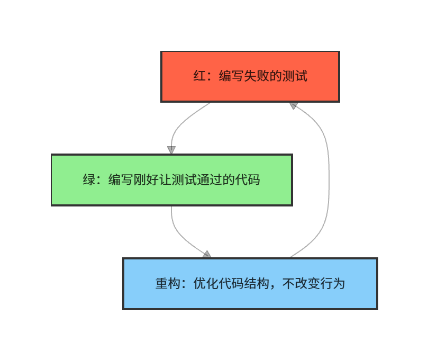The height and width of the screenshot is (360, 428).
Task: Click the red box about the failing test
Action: (x=250, y=76)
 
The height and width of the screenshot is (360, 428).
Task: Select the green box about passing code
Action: (x=171, y=180)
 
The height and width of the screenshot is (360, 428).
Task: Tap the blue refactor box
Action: (x=250, y=284)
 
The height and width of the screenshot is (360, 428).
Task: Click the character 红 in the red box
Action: (x=199, y=76)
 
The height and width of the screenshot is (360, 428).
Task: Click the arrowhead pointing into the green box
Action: (x=171, y=150)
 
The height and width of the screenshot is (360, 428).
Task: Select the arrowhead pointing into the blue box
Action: (x=207, y=255)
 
